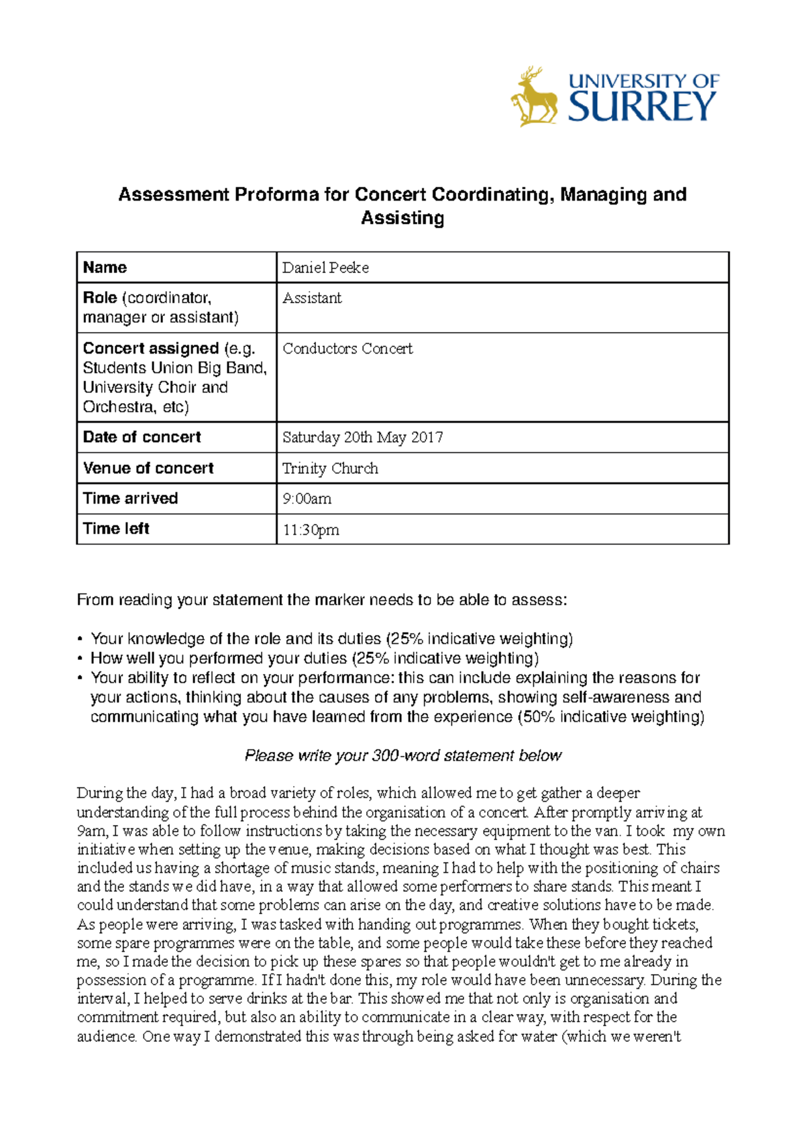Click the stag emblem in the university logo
click(x=535, y=98)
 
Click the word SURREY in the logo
click(x=642, y=107)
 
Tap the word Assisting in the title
click(x=402, y=218)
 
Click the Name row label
click(x=105, y=268)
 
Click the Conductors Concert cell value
click(x=347, y=349)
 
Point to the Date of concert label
click(x=142, y=437)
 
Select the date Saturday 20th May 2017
click(x=362, y=437)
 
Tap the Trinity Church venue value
click(x=330, y=468)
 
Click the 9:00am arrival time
click(x=307, y=499)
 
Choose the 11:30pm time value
click(x=311, y=530)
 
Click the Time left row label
click(x=116, y=529)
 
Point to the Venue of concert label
click(x=148, y=468)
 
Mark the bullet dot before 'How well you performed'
click(x=80, y=659)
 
